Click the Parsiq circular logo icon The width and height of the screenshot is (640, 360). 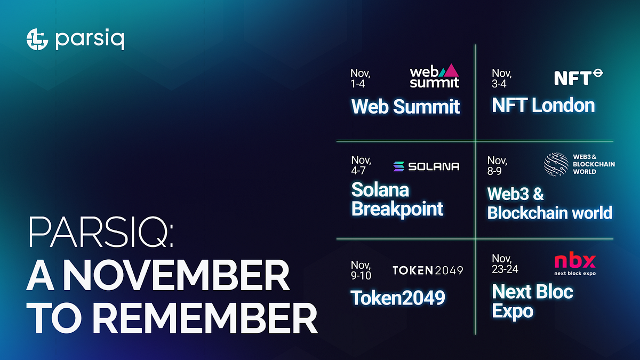[x=37, y=39]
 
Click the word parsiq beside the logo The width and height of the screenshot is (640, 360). [x=90, y=40]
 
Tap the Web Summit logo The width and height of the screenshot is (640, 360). [x=434, y=76]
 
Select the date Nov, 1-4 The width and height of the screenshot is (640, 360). [x=361, y=78]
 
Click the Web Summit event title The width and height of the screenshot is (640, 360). [x=405, y=106]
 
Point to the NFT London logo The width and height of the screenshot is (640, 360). [x=578, y=77]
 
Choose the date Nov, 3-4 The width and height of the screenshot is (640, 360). [x=501, y=78]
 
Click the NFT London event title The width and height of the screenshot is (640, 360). [x=543, y=105]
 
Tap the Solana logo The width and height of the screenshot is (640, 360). [x=426, y=166]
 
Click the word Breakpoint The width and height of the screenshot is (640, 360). [x=397, y=209]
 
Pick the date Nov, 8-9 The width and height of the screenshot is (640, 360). [x=497, y=165]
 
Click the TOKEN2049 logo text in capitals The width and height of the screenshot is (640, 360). [x=427, y=270]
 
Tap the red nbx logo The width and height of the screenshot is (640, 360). [x=574, y=261]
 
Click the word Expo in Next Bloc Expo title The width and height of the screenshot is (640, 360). [x=513, y=311]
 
